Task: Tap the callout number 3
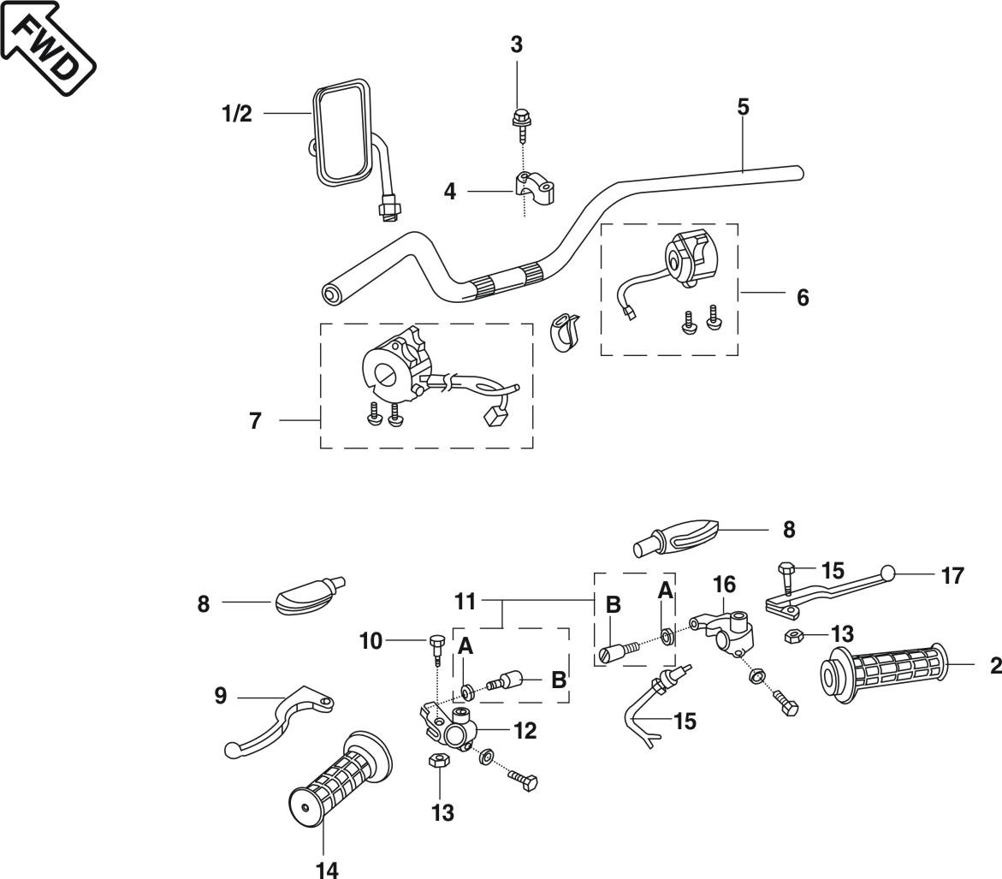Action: [x=517, y=45]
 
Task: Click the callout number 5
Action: [x=743, y=107]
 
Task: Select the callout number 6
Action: [x=803, y=297]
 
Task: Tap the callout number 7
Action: [x=255, y=421]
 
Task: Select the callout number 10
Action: [x=371, y=640]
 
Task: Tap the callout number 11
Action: [x=465, y=602]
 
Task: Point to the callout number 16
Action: [x=724, y=585]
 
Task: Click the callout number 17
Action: [x=952, y=576]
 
